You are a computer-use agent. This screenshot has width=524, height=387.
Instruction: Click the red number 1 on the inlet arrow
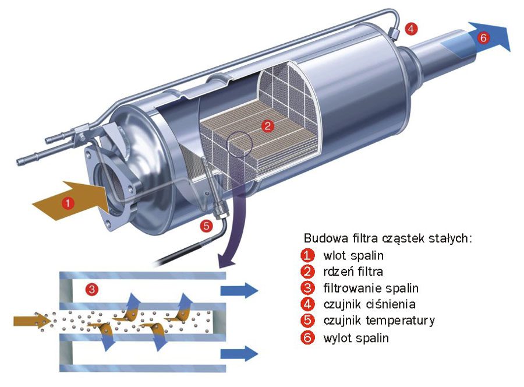pyautogui.click(x=68, y=203)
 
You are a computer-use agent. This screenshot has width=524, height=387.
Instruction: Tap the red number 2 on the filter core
pyautogui.click(x=267, y=125)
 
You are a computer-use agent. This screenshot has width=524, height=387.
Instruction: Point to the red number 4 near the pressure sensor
pyautogui.click(x=412, y=29)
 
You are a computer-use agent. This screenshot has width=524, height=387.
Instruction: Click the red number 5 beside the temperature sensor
pyautogui.click(x=206, y=226)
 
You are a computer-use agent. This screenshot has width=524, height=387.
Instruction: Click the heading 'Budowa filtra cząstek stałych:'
pyautogui.click(x=388, y=238)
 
